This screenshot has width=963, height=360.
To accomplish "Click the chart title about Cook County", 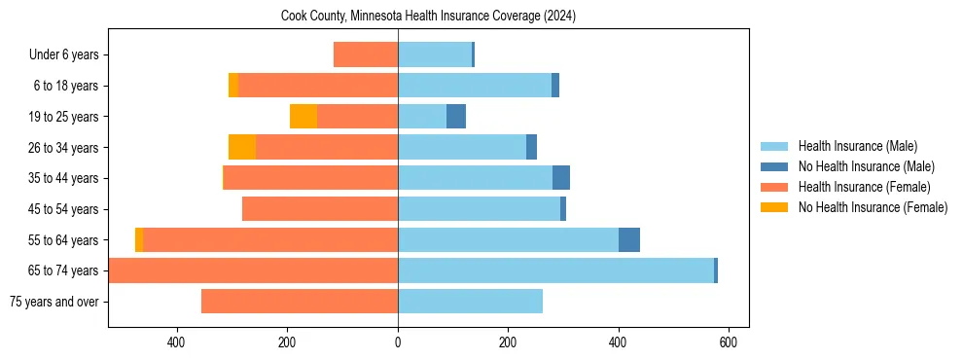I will (428, 17).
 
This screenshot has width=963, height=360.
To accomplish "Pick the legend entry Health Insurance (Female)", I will (857, 187).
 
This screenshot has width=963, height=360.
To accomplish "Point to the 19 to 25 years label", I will (64, 117).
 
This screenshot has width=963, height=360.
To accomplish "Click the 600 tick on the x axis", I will (728, 342).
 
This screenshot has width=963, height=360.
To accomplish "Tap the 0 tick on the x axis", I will (398, 342).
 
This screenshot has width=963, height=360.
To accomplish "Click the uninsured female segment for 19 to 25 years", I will (303, 117).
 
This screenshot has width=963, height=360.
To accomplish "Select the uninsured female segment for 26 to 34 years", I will (242, 148).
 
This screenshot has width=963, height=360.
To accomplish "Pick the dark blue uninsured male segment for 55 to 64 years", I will (629, 240).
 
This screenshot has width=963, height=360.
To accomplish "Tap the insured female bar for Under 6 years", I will (366, 55).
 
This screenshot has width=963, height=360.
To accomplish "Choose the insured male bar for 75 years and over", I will (470, 302).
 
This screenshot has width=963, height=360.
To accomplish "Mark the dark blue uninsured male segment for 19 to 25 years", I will (456, 117).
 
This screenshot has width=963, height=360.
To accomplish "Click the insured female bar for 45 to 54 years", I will (320, 209).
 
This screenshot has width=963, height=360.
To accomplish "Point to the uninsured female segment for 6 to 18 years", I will (233, 86).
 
